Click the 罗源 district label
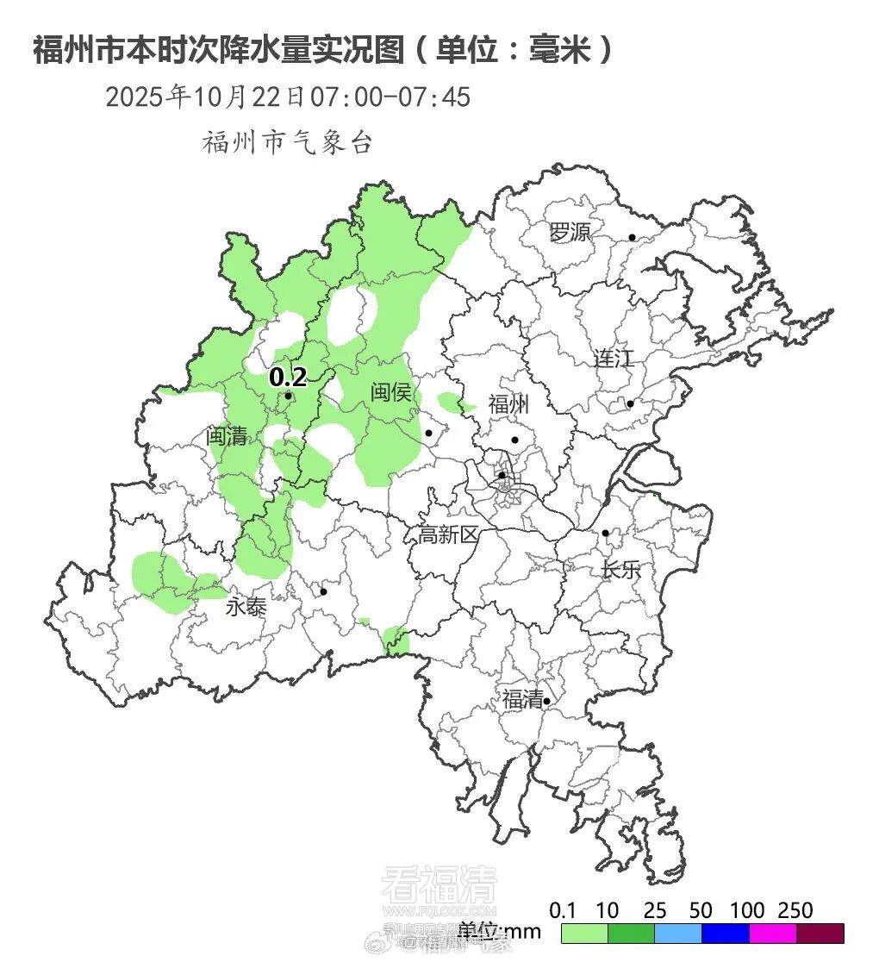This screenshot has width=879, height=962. click(570, 232)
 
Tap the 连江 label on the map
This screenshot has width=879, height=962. click(613, 358)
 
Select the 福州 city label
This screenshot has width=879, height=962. click(508, 404)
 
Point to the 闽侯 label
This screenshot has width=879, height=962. click(391, 392)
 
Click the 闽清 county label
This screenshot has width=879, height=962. click(227, 436)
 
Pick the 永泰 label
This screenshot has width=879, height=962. click(246, 607)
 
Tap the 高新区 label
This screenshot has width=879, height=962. click(448, 534)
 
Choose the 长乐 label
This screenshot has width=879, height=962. click(621, 570)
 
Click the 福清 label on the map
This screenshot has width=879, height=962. click(522, 699)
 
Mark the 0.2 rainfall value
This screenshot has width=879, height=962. click(288, 378)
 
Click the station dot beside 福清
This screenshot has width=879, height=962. click(546, 702)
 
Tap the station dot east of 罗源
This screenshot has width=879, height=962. click(632, 237)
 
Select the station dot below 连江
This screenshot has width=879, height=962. click(630, 403)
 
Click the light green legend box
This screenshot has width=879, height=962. click(584, 934)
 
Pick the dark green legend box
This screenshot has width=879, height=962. click(631, 934)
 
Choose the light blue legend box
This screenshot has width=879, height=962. click(678, 934)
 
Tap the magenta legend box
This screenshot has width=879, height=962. click(773, 934)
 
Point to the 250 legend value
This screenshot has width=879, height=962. click(795, 910)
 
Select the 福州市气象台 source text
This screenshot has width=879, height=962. click(287, 142)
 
